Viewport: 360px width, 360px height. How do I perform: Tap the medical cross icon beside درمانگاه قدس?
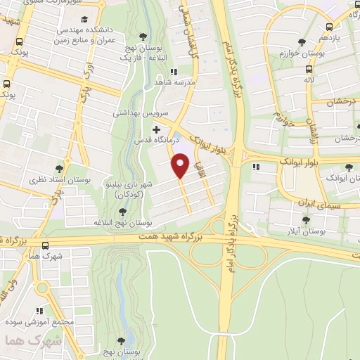156,130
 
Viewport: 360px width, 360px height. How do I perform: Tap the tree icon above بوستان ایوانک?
349,167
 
